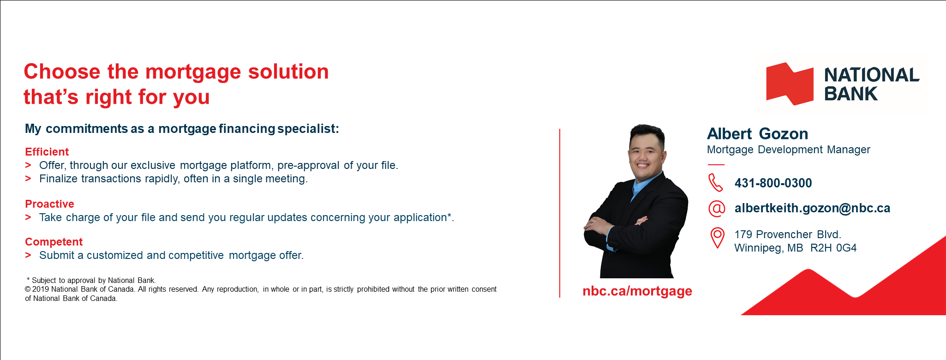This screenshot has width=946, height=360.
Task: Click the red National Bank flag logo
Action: coord(790,84)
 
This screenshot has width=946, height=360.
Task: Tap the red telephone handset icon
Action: coord(716,182)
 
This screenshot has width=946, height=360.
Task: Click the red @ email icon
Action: coord(717,209)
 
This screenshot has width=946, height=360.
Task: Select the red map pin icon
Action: coord(717,238)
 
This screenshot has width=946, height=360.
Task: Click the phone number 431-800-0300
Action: coord(773,183)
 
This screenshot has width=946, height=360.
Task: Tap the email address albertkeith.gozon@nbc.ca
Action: coord(812,208)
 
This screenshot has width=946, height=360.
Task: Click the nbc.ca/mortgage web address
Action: coord(637,291)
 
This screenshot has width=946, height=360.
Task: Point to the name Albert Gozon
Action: coord(758,134)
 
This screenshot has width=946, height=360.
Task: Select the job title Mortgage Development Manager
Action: coord(789,150)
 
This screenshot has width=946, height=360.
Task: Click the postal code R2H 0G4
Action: coord(833,248)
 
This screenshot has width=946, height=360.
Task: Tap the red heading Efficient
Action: coord(47,152)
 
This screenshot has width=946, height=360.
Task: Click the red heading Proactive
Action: coord(49,204)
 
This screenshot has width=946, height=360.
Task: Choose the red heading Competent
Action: coord(54,242)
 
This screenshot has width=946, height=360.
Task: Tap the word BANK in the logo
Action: coord(850,94)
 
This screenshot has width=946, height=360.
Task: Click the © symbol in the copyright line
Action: coord(28,289)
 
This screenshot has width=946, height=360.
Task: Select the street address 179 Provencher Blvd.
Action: coord(788,234)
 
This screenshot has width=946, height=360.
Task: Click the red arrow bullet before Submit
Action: coord(28,255)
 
